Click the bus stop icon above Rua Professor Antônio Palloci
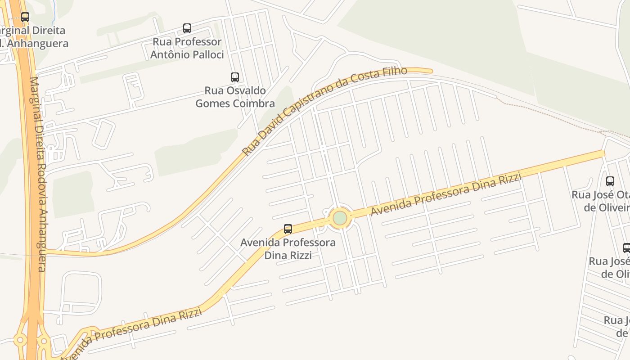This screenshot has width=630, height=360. click(x=187, y=28)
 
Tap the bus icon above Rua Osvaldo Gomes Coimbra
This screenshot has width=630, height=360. click(x=234, y=77)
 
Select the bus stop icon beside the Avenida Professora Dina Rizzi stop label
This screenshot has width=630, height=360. click(x=288, y=229)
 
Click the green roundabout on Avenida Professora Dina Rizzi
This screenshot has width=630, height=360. click(x=340, y=218)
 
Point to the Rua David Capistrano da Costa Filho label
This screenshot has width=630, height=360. click(x=324, y=111)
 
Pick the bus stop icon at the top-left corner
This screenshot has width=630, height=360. click(x=25, y=17)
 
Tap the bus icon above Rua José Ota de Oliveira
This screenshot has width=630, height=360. click(x=610, y=181)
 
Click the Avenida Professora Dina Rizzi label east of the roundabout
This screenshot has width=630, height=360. click(x=445, y=194)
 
